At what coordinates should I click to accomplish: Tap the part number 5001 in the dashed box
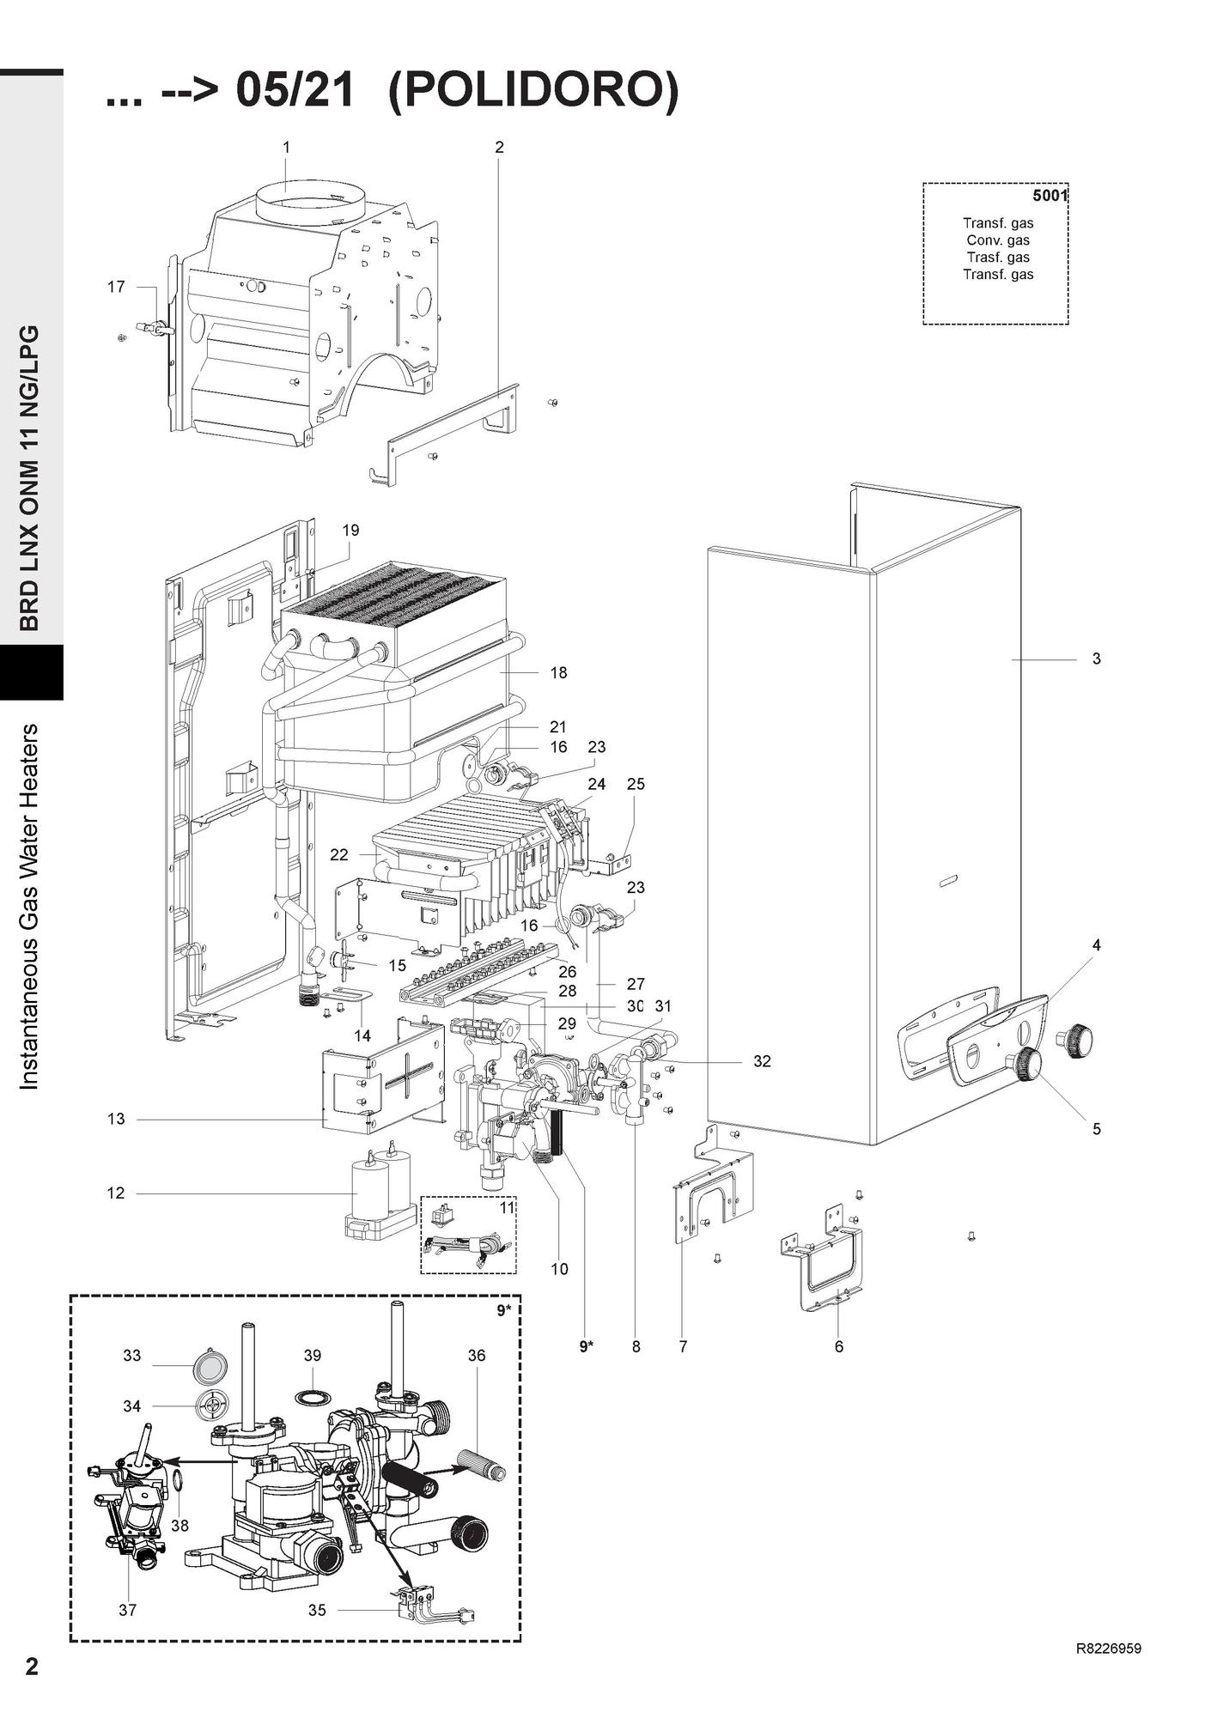[1049, 196]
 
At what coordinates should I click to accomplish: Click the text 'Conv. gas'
[997, 240]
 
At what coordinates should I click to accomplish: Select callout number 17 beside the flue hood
[116, 287]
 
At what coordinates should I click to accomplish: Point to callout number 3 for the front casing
[1096, 659]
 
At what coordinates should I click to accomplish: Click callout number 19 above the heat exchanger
[350, 530]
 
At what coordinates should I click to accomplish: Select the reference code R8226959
[1108, 1648]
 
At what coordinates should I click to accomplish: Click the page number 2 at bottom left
[32, 1666]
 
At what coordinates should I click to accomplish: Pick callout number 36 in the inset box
[477, 1355]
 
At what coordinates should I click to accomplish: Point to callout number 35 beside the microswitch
[317, 1610]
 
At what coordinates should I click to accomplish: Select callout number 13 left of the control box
[116, 1119]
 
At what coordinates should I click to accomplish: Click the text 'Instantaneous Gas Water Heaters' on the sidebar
[30, 907]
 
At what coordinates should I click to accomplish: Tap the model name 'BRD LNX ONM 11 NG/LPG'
[30, 477]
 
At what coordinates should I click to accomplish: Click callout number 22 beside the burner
[339, 854]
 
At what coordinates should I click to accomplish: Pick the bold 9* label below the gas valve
[587, 1346]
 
